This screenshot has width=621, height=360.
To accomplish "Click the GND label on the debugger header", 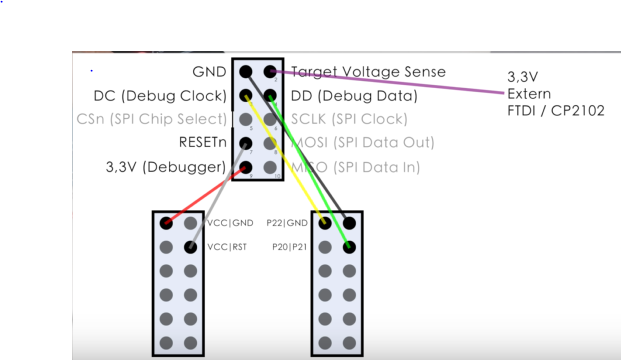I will click(209, 72).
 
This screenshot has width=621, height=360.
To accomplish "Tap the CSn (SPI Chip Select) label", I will click(152, 120).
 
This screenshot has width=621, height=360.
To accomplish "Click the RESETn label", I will click(202, 143).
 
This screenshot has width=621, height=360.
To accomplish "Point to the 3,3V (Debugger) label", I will click(166, 167).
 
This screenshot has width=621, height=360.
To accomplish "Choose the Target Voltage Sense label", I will click(368, 72).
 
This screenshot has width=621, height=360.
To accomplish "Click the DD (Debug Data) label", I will click(353, 96).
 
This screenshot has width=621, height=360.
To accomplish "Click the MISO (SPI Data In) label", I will click(355, 167).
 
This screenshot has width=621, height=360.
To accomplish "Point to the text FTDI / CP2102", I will click(555, 110).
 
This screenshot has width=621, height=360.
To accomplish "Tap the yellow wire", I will click(285, 160).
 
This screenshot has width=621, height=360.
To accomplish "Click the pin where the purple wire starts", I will click(269, 71).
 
